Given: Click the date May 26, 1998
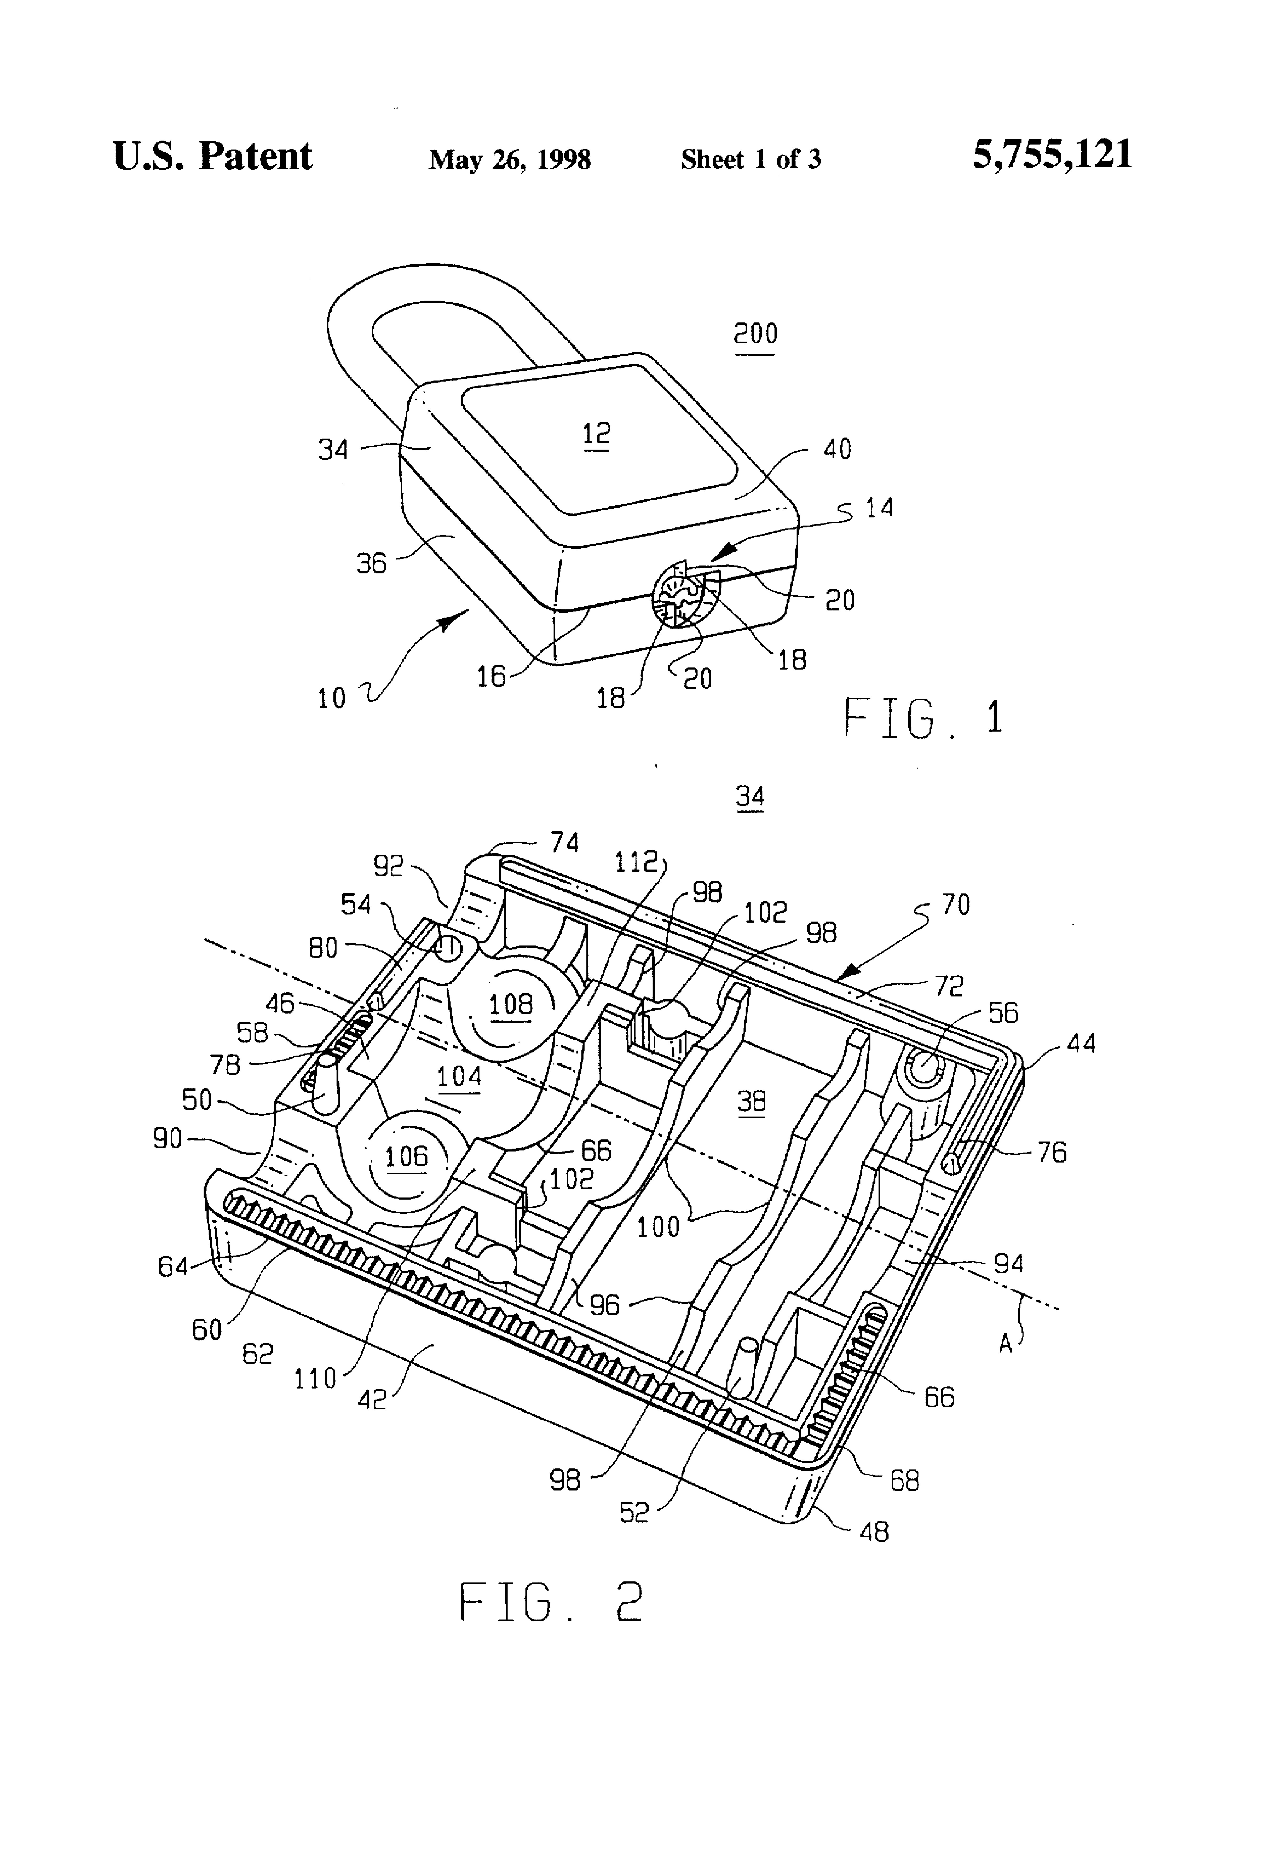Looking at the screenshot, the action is coord(510,159).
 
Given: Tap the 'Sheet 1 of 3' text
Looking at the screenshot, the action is coord(751,159).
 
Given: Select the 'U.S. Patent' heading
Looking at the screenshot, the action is coord(212,156).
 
